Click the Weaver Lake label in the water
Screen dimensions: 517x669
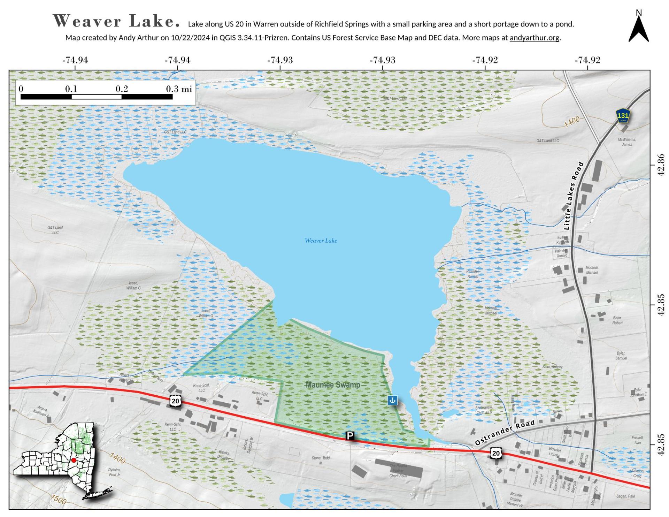[321, 241]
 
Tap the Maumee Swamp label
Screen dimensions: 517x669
[333, 385]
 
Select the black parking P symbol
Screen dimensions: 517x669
[350, 435]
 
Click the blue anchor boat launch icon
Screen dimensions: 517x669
[393, 400]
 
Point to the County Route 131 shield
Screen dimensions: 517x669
[623, 116]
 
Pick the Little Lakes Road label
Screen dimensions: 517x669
[573, 196]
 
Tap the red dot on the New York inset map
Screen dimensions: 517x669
[74, 460]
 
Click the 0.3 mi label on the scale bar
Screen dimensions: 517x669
[179, 89]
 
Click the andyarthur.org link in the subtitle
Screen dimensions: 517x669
[535, 38]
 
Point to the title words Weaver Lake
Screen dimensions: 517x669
[116, 21]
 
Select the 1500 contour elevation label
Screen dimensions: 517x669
[58, 500]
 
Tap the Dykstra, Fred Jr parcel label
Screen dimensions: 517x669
[114, 472]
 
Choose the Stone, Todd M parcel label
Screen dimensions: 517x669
[321, 460]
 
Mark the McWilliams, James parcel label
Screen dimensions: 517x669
[627, 142]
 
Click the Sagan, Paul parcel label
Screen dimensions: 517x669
[626, 496]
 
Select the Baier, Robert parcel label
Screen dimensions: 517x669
[617, 320]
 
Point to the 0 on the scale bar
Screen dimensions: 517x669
[21, 89]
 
